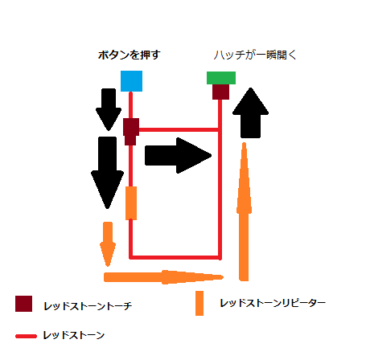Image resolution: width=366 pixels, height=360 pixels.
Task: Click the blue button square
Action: (131, 81)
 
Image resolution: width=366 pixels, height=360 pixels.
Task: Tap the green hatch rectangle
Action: (221, 78)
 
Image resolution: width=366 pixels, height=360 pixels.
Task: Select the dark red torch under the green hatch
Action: (220, 92)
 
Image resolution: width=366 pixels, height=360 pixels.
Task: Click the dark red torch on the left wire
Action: (131, 132)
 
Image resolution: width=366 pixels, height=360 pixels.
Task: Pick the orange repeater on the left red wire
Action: (131, 203)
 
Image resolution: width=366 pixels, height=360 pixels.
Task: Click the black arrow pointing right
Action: (178, 156)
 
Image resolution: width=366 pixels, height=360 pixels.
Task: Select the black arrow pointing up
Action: (250, 112)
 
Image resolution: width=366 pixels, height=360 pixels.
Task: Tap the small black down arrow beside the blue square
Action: (109, 109)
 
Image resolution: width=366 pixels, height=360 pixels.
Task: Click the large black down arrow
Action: (107, 173)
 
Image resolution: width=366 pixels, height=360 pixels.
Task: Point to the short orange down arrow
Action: (108, 244)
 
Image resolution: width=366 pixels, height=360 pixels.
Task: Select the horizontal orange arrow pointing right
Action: (163, 277)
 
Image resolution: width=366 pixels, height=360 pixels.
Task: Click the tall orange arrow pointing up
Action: (244, 211)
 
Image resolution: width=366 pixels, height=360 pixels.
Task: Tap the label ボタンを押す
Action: (129, 55)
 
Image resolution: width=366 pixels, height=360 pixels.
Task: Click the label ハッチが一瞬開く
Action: (255, 55)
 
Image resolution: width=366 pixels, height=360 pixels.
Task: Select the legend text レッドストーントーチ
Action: (88, 306)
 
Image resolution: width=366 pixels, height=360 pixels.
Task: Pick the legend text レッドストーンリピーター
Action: (273, 303)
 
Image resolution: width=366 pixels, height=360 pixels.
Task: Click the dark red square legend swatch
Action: (23, 304)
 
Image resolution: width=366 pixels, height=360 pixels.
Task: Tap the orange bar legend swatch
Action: (199, 303)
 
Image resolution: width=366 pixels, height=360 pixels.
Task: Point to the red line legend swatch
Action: (26, 336)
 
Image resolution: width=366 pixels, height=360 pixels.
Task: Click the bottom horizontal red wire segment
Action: (175, 257)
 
